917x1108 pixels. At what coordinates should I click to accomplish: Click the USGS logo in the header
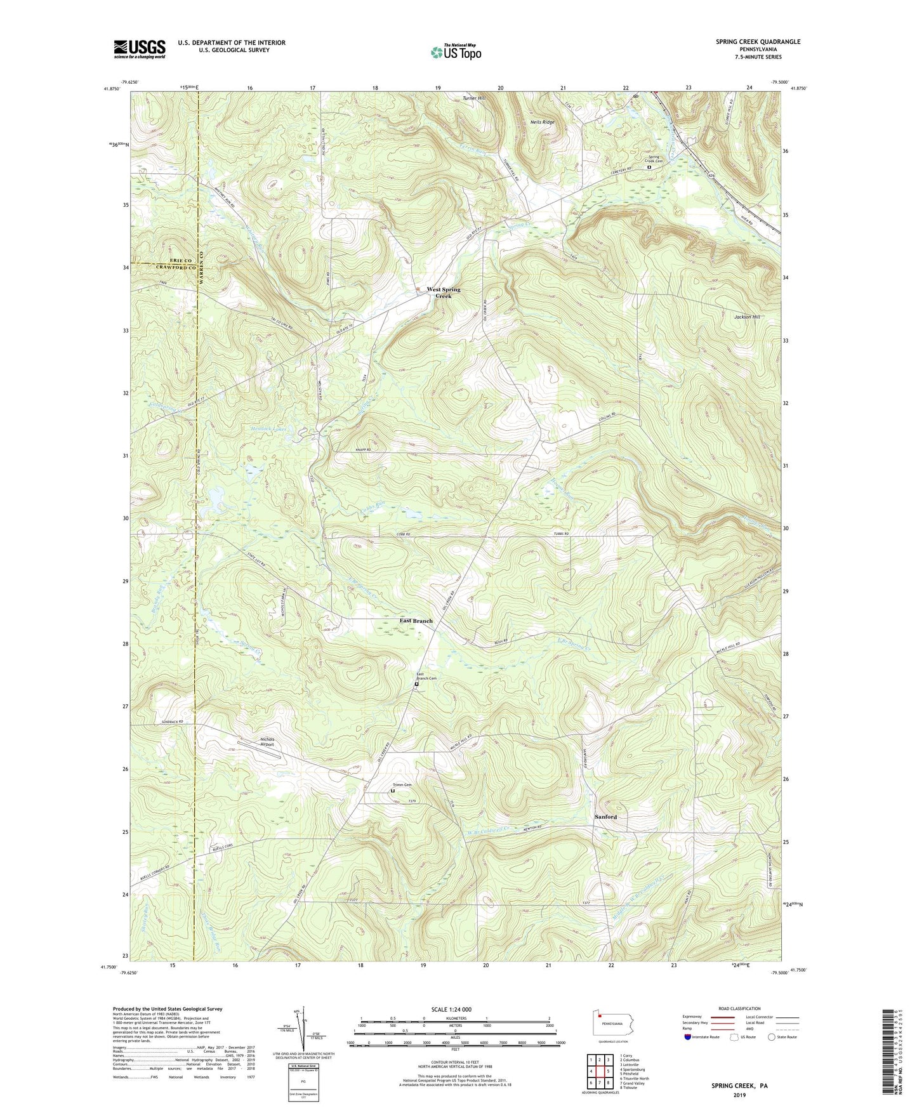pyautogui.click(x=139, y=49)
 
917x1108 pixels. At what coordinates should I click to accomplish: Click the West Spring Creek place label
pyautogui.click(x=444, y=293)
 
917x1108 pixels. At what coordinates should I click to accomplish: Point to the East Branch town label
pyautogui.click(x=416, y=621)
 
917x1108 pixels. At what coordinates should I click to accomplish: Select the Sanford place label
pyautogui.click(x=605, y=817)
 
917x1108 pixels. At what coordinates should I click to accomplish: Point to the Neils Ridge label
pyautogui.click(x=542, y=122)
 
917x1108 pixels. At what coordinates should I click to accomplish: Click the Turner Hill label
pyautogui.click(x=473, y=98)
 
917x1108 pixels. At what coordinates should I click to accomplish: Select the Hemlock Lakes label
pyautogui.click(x=268, y=429)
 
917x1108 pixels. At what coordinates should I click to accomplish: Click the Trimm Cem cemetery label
pyautogui.click(x=402, y=784)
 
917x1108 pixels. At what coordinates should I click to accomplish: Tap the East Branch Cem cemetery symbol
pyautogui.click(x=417, y=685)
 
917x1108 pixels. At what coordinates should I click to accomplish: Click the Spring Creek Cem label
pyautogui.click(x=653, y=159)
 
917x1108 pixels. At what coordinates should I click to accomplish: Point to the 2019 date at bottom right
pyautogui.click(x=739, y=1094)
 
